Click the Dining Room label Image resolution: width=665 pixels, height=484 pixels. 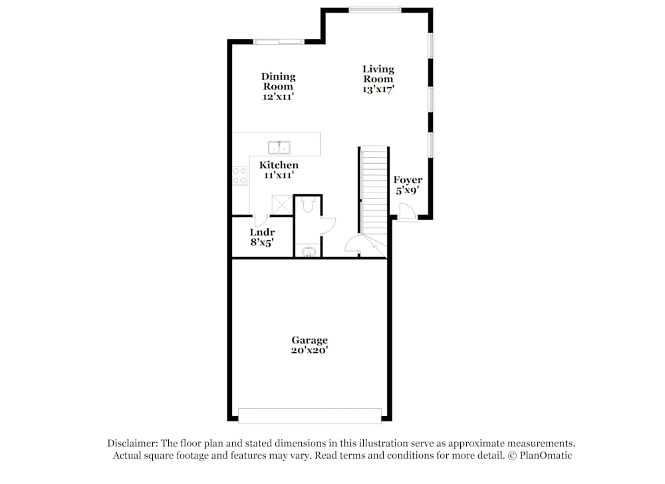tap(278, 81)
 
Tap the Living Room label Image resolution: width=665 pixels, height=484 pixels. tap(378, 73)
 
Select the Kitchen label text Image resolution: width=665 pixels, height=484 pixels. tap(279, 165)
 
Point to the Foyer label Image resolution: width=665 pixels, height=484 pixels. tap(408, 180)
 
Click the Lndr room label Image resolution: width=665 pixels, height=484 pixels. tap(262, 232)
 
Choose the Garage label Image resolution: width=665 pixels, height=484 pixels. tap(309, 340)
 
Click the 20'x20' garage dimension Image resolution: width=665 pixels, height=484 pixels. tap(309, 350)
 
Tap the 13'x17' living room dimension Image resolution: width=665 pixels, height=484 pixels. tap(378, 89)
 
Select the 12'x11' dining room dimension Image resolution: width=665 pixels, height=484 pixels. tap(278, 97)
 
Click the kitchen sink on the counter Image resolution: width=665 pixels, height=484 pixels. tap(279, 147)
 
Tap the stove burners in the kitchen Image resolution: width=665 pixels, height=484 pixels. tap(240, 176)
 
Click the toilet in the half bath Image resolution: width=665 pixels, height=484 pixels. tap(307, 206)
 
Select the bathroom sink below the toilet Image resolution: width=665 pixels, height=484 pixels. tap(309, 252)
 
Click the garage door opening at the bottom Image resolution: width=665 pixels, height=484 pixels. tap(309, 415)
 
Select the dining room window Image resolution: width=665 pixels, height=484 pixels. tap(278, 42)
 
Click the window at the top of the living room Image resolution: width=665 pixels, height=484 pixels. tap(376, 10)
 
